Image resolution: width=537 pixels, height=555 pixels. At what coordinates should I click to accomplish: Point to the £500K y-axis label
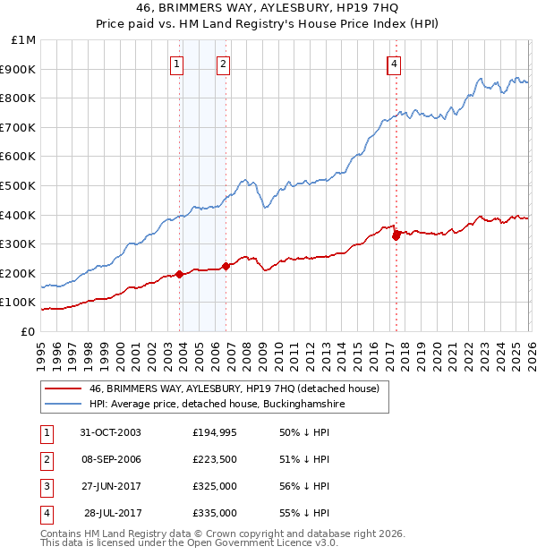click(20, 185)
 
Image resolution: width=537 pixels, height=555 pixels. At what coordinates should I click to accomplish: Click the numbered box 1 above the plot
click(176, 64)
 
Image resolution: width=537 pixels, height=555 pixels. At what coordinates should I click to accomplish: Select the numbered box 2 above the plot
click(222, 64)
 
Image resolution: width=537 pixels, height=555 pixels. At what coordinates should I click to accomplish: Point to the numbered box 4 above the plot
click(394, 64)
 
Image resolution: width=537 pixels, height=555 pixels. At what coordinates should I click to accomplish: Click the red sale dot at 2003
click(180, 274)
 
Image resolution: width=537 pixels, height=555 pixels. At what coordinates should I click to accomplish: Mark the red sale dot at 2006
click(226, 266)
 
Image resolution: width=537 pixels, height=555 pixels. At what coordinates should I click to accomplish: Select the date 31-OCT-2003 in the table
click(110, 432)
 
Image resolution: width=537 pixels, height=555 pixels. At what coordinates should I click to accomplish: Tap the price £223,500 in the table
click(215, 459)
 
